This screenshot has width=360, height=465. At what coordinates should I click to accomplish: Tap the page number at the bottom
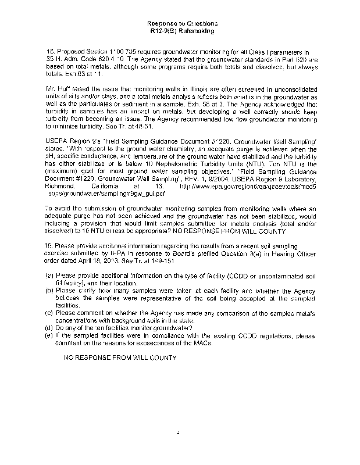181,432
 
